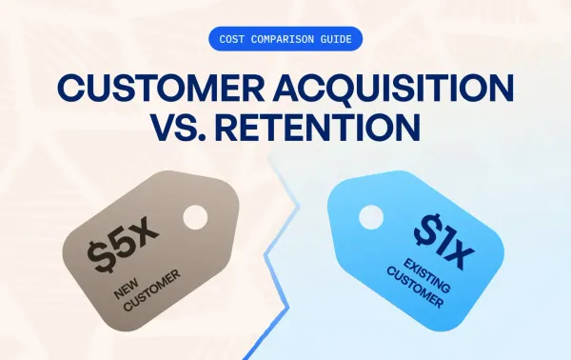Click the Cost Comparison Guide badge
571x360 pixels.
285,40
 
